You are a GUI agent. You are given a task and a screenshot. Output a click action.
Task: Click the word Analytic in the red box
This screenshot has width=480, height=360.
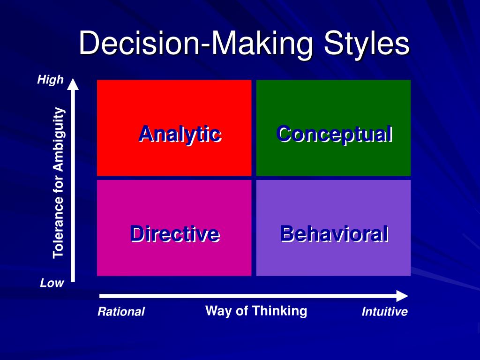(180, 134)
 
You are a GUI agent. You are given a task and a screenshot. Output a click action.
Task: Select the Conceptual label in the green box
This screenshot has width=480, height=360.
(334, 134)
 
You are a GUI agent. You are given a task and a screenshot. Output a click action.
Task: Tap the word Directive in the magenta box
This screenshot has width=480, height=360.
(175, 234)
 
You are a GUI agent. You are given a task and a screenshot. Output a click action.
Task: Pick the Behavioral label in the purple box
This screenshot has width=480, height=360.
(334, 234)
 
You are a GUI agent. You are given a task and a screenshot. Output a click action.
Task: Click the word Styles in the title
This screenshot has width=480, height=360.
(367, 44)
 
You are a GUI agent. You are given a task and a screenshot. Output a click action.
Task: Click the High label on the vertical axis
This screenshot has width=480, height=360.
(50, 80)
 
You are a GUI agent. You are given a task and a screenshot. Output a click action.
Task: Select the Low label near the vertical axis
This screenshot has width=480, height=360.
(52, 283)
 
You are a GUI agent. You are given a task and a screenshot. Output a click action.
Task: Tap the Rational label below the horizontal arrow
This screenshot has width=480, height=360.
(121, 312)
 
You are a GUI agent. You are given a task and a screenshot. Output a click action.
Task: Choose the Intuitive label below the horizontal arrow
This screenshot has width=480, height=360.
(384, 312)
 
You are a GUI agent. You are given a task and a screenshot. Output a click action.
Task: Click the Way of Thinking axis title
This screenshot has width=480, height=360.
(256, 311)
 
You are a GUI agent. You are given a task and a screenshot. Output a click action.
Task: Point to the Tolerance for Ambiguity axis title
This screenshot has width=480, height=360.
(59, 183)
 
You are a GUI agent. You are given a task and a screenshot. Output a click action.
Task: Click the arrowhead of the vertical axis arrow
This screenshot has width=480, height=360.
(73, 84)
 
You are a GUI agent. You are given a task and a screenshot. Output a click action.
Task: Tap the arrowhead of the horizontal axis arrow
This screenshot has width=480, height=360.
(402, 296)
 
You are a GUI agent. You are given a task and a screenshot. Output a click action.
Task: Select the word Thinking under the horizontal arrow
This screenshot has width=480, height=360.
(280, 311)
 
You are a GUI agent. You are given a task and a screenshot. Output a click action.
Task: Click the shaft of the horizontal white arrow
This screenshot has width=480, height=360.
(248, 296)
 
